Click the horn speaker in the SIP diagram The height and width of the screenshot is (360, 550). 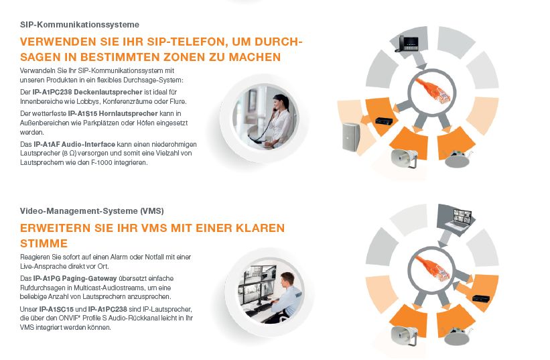pyautogui.click(x=406, y=159)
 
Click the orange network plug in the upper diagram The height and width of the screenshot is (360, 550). pyautogui.click(x=432, y=92)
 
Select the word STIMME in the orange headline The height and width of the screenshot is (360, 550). pyautogui.click(x=44, y=243)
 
